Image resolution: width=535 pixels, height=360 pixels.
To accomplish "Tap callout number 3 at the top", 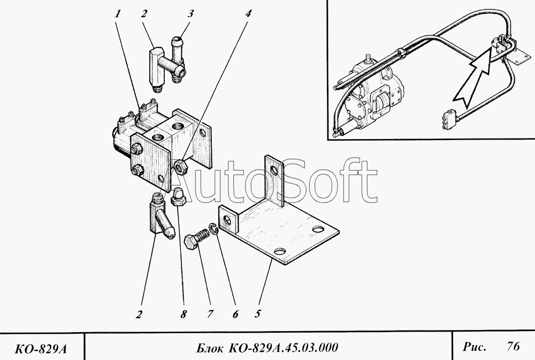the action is coord(190,14).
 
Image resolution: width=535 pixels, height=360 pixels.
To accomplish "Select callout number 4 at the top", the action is coord(248,14).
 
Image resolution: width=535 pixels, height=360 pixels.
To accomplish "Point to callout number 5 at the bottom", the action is coord(258,313).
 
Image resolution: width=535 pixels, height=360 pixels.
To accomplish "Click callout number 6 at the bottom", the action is coord(235,314).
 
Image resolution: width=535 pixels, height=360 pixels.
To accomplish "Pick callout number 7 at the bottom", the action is coord(210,314).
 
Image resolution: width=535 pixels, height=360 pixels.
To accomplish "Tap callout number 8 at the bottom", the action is coord(184,314).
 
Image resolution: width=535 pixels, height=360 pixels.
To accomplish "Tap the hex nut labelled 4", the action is coord(180,166).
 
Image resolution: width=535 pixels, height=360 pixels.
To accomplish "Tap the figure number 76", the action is coord(513,346).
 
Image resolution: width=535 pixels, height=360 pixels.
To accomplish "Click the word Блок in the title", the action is coord(210,348).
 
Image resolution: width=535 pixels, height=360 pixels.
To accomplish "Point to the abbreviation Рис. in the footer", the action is coord(474,347).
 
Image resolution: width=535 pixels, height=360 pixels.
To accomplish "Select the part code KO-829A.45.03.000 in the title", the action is coord(283,347).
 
